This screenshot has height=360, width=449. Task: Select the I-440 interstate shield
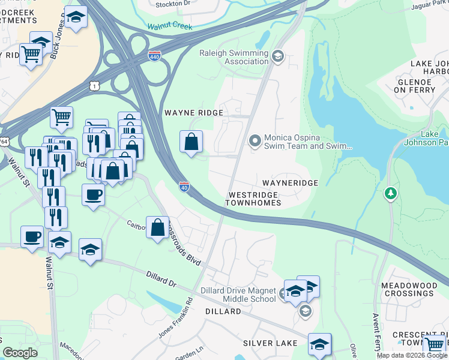tap(154, 56)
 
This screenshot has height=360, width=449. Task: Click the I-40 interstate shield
tap(184, 187)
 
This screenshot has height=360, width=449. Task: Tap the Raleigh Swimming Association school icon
tap(277, 57)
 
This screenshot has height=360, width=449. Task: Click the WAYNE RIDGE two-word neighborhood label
tap(193, 113)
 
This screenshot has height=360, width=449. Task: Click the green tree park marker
tap(391, 193)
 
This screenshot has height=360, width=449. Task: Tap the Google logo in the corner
tap(20, 353)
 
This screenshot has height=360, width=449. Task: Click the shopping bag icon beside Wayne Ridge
tap(191, 142)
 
